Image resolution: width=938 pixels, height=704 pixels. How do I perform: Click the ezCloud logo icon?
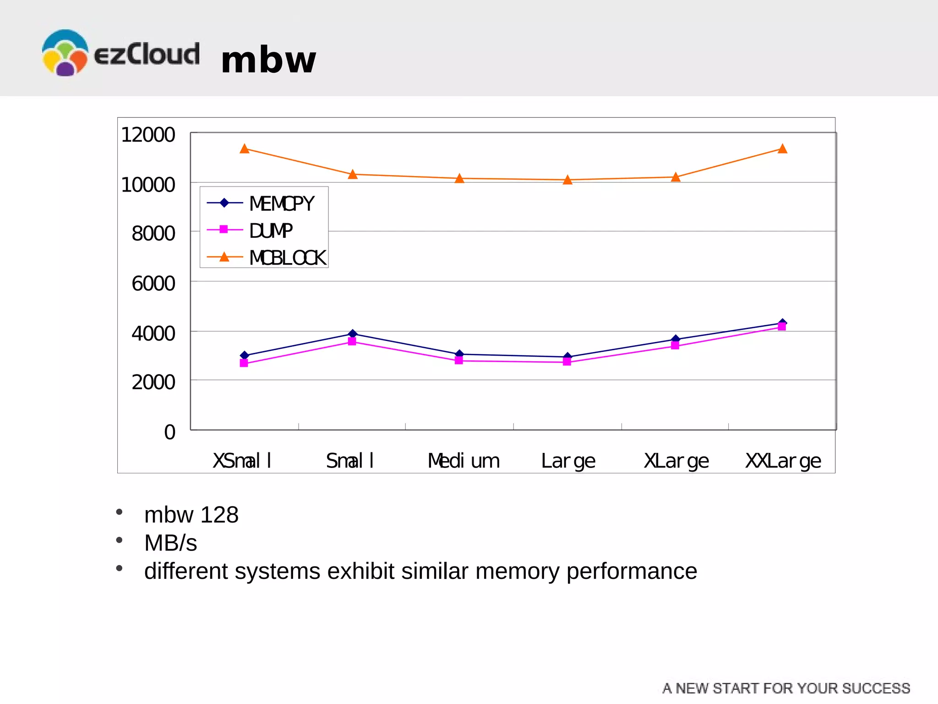[65, 53]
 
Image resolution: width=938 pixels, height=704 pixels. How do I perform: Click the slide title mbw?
[268, 60]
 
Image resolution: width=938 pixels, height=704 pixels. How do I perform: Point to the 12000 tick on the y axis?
[147, 135]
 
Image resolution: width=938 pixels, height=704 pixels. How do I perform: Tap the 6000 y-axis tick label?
[153, 284]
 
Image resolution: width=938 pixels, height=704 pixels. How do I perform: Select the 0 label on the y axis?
[169, 432]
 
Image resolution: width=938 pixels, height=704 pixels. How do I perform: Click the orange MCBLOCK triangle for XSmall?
[245, 149]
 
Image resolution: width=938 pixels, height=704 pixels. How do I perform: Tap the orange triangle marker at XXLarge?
[782, 149]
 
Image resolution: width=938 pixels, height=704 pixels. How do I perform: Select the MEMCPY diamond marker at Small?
[352, 334]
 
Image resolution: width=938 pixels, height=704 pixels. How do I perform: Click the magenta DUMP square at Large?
[567, 362]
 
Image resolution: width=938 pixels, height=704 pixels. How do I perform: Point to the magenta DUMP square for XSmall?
[244, 363]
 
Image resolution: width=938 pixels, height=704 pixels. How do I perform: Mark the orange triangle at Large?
[567, 180]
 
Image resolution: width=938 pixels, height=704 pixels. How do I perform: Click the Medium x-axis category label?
[464, 461]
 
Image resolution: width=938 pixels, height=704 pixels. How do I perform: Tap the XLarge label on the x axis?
[676, 461]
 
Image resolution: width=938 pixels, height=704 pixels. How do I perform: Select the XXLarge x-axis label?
[783, 461]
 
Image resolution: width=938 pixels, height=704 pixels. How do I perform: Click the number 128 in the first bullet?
[219, 515]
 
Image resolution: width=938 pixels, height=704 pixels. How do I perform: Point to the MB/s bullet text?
[170, 543]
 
